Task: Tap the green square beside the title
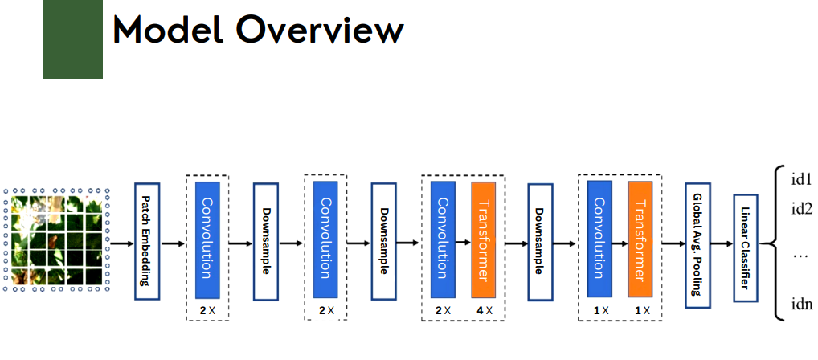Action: [x=72, y=39]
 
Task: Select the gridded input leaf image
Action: [x=55, y=239]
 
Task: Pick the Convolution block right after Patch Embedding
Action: [x=208, y=240]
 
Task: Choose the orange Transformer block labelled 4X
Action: [x=484, y=240]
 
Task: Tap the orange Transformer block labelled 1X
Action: [x=640, y=240]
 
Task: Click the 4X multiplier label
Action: [x=484, y=310]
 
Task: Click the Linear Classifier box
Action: [x=746, y=244]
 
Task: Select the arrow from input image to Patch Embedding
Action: [x=121, y=242]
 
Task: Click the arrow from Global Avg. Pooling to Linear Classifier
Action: [x=722, y=242]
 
